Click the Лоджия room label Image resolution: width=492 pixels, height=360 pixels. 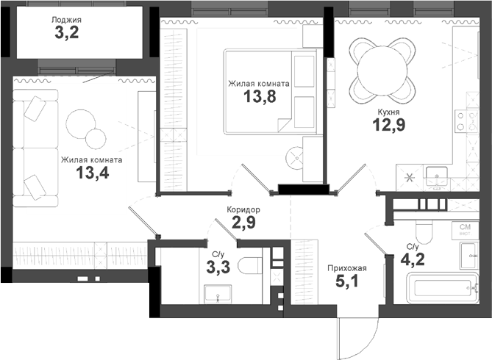tap(67, 20)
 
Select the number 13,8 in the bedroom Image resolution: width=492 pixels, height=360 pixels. tap(259, 98)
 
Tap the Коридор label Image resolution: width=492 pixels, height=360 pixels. tap(243, 209)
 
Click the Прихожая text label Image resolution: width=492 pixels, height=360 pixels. tap(346, 268)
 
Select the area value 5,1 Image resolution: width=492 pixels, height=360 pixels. tap(346, 282)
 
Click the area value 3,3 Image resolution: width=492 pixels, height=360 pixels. tap(218, 267)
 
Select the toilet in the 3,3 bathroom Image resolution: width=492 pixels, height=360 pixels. tap(249, 265)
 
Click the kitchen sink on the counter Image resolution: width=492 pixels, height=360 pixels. tap(442, 177)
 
